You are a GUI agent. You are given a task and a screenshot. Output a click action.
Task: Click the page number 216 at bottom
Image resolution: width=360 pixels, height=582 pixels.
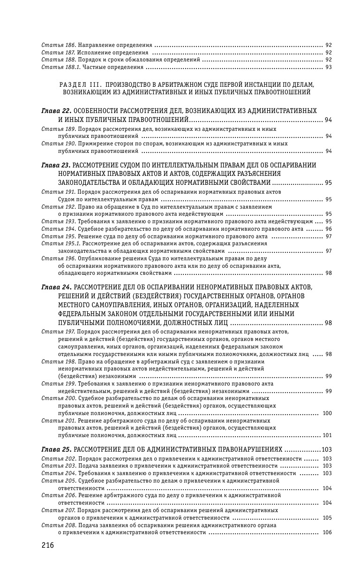click(x=48, y=545)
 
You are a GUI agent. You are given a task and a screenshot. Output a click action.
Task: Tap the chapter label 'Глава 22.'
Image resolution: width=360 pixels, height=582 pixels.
click(x=56, y=111)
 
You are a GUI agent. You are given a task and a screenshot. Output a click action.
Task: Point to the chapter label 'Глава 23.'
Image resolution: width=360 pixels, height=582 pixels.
click(x=56, y=165)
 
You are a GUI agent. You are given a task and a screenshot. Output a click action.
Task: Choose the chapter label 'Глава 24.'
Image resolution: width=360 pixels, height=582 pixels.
click(x=56, y=287)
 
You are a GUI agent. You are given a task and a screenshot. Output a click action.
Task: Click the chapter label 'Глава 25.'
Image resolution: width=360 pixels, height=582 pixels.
click(x=56, y=449)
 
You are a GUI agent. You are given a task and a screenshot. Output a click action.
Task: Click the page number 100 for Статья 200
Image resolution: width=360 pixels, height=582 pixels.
click(x=327, y=413)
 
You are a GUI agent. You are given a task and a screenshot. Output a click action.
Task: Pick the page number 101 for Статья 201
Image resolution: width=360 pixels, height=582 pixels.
click(x=327, y=435)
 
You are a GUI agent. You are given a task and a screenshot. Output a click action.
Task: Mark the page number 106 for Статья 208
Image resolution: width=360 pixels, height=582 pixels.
click(x=327, y=533)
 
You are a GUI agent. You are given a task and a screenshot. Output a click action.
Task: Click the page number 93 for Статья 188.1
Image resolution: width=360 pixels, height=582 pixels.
click(x=328, y=67)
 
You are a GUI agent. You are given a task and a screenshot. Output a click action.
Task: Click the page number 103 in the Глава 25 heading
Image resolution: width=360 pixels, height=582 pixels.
click(x=327, y=449)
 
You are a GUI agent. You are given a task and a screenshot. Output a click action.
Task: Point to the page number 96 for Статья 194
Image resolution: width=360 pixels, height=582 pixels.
click(x=328, y=229)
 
